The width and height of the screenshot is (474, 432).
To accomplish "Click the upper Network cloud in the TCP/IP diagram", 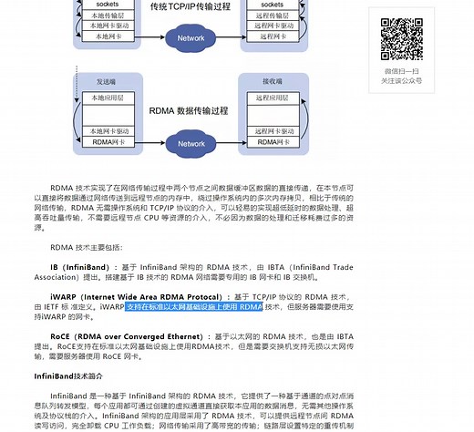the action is click(191, 38).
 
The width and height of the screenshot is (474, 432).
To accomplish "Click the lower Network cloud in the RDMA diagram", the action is click(191, 144).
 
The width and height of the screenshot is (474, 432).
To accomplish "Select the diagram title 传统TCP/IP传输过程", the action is click(191, 7).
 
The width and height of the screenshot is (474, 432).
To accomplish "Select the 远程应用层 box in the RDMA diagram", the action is click(274, 96).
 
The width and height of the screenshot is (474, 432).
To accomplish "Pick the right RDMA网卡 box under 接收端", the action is click(274, 141).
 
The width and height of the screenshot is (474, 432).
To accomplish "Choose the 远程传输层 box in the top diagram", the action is click(274, 15).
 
